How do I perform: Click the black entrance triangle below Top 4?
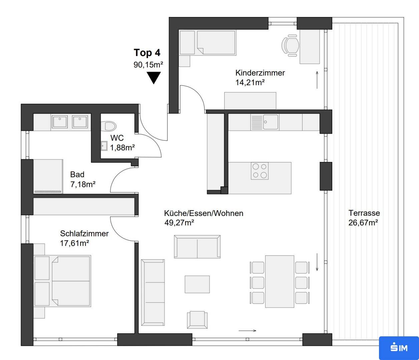(154, 78)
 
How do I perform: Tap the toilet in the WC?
(108, 126)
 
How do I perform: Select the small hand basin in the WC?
(104, 146)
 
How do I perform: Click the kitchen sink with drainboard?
(265, 122)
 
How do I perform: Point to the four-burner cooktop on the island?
(260, 171)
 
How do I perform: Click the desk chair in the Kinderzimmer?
(290, 45)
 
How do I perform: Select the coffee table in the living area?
(197, 284)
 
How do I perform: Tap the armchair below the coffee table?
(197, 320)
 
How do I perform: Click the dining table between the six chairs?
(280, 282)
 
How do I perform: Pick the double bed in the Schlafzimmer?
(62, 281)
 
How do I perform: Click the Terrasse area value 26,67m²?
(363, 223)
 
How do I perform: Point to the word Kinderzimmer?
(260, 73)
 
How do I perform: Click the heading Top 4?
(147, 53)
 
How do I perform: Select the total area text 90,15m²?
(148, 65)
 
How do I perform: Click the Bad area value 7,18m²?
(83, 184)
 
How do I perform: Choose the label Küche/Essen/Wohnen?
(203, 213)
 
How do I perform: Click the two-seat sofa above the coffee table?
(197, 247)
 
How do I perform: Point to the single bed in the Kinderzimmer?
(208, 43)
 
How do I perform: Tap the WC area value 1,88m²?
(122, 148)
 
